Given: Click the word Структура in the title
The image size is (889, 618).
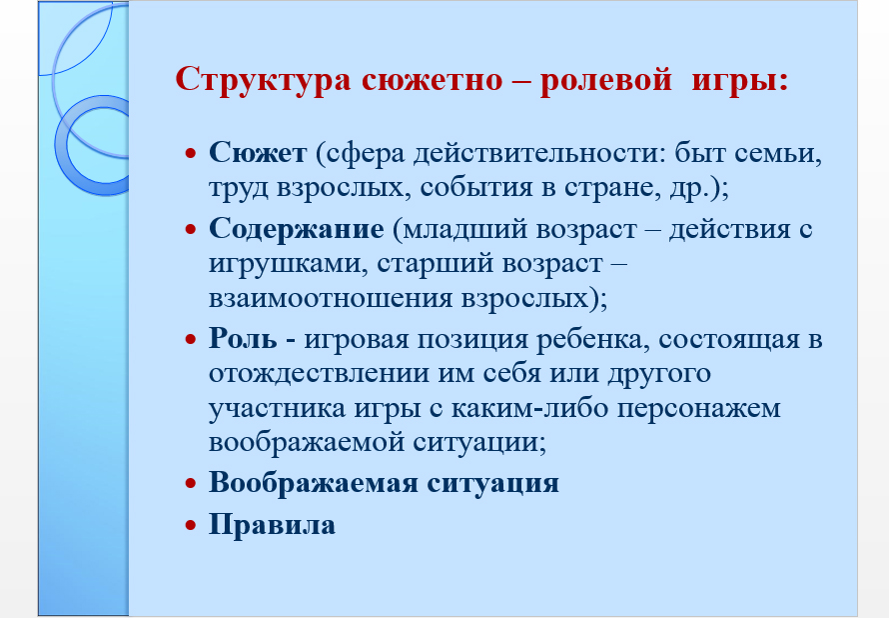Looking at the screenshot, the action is [263, 79].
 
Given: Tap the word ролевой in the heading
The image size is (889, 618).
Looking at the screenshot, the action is [605, 79].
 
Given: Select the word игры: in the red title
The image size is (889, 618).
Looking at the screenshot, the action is [740, 79].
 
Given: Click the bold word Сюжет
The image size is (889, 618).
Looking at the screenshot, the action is [258, 153].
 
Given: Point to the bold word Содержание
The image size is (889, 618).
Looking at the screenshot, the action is [297, 229].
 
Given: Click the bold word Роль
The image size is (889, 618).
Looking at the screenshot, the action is [243, 339].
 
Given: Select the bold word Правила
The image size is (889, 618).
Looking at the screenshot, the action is [272, 524].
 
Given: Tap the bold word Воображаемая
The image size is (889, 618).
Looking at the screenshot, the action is [314, 484].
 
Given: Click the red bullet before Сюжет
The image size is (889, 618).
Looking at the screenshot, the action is [191, 153].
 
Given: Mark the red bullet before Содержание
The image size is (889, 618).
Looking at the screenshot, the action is [191, 229].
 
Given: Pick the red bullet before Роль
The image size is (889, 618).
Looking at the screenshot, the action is [191, 339].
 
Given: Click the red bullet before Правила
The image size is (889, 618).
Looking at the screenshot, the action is [191, 525].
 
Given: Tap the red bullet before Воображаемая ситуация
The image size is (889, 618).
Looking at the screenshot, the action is [191, 484].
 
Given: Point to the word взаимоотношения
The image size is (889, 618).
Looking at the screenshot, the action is [331, 299].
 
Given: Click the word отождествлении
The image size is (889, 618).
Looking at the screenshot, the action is [319, 374].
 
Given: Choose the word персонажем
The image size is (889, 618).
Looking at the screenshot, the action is [698, 409].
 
